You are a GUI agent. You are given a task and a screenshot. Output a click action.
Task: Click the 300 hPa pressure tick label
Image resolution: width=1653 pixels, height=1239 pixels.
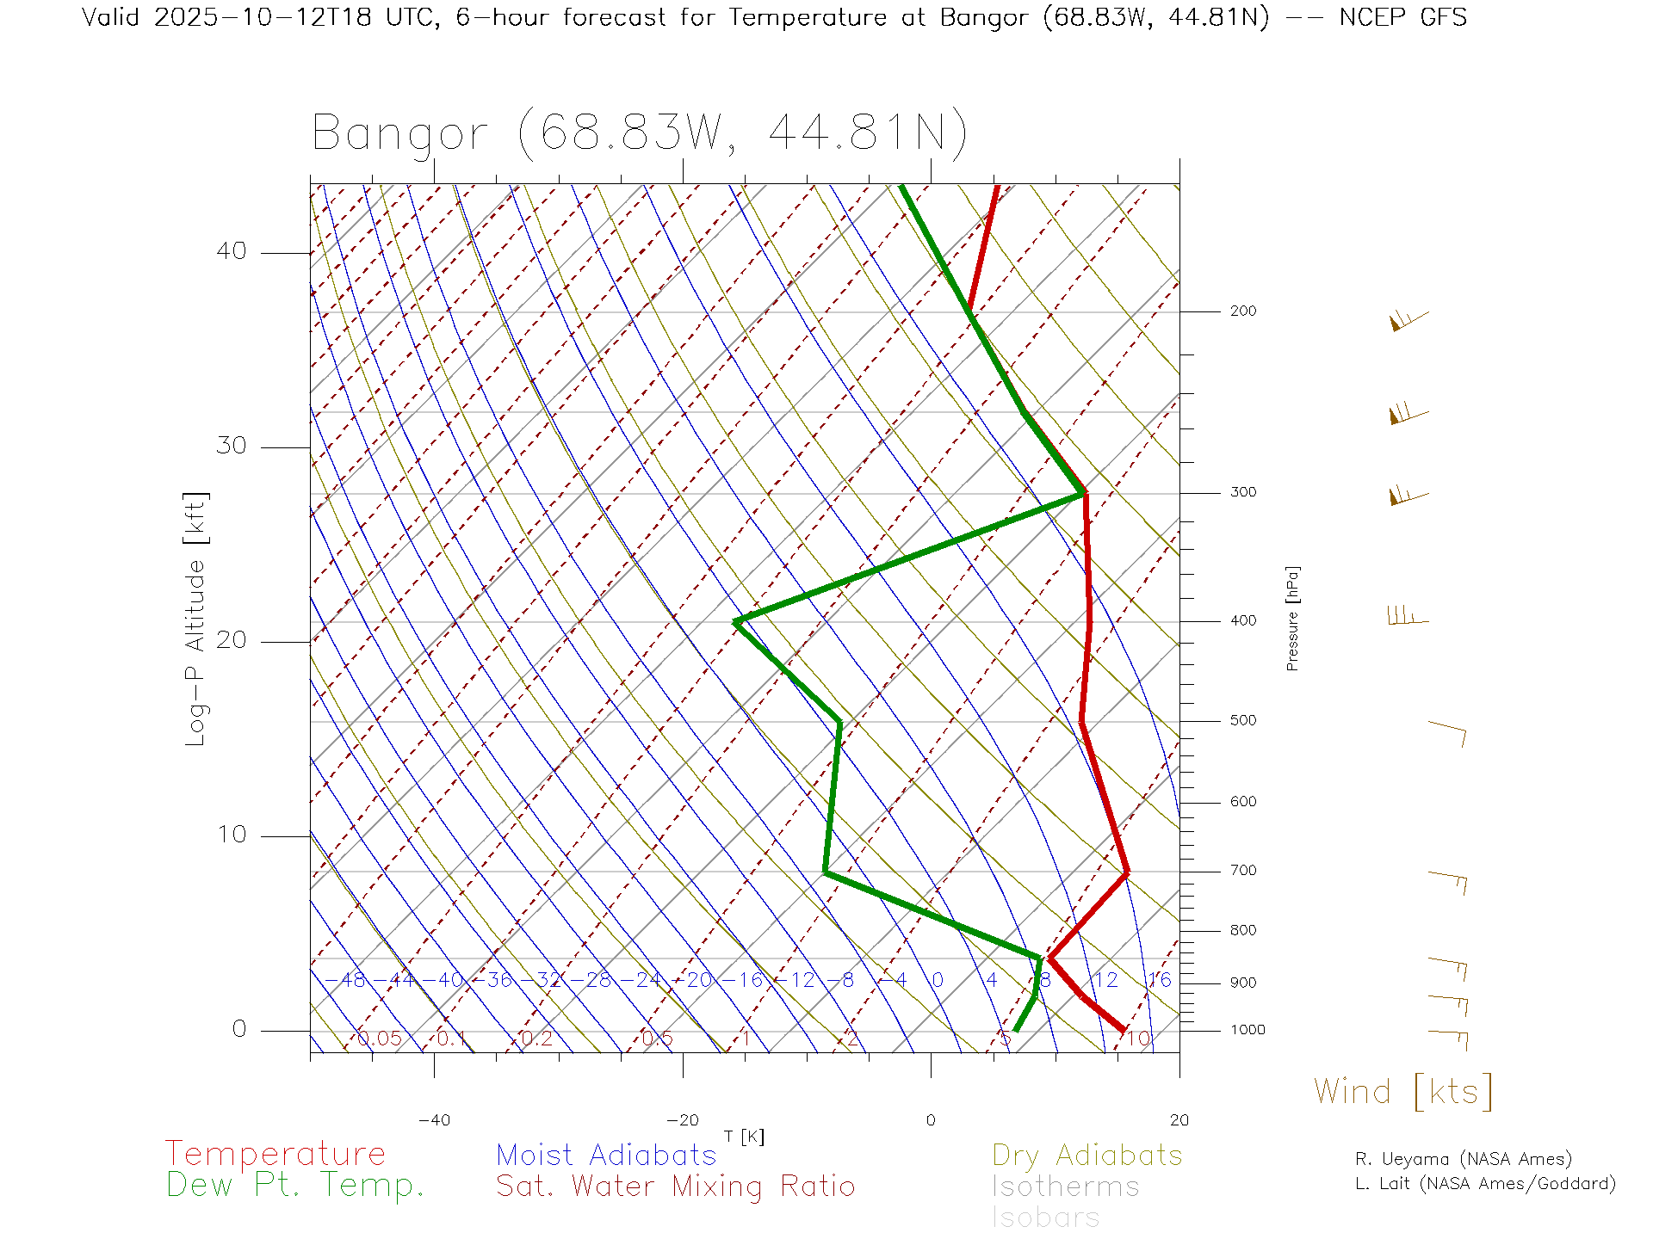coord(1242,492)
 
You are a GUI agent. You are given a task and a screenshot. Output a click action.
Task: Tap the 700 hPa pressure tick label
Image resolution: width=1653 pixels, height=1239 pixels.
coord(1242,871)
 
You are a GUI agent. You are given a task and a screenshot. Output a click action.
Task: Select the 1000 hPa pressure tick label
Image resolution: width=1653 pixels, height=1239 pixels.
coord(1247,1030)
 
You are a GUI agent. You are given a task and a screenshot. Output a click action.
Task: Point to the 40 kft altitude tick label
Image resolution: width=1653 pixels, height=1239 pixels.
coord(231,251)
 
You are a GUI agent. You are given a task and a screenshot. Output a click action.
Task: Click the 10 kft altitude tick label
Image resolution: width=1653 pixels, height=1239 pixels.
coord(231,835)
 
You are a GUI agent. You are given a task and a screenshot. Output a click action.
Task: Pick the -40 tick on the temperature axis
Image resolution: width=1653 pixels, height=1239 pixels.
coord(434,1120)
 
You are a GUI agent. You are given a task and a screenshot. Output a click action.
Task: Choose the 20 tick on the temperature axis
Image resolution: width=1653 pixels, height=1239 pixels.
coord(1179,1120)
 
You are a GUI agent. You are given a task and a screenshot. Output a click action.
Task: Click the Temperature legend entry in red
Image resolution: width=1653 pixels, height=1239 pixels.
coord(275,1154)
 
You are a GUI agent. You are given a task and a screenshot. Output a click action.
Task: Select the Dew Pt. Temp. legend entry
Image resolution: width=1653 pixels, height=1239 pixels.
coord(295,1186)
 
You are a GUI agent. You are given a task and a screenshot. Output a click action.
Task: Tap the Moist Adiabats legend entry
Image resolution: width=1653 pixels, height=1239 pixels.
coord(607,1155)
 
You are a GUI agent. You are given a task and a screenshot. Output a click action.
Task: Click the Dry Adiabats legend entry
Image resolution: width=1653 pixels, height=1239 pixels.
coord(1087,1155)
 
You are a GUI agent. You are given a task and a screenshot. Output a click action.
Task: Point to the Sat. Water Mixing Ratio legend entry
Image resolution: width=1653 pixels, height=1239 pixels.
coord(676,1187)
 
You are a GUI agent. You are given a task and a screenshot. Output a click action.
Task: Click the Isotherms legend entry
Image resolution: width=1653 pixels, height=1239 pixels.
coord(1066,1187)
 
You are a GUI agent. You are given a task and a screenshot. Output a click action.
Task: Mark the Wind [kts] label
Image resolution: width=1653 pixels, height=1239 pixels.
coord(1403,1092)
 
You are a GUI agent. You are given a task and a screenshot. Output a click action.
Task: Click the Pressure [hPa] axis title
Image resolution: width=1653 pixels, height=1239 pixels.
coord(1292,619)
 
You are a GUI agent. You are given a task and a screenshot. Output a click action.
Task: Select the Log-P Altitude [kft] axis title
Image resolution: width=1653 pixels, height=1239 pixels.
coord(196,619)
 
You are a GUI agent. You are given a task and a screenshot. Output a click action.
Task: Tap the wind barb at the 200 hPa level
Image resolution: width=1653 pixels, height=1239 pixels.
coord(1408,320)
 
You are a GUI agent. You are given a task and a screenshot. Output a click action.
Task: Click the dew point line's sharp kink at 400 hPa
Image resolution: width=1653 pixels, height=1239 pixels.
coord(736,621)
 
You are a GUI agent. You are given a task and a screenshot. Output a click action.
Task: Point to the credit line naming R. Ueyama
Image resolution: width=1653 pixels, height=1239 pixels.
coord(1464,1159)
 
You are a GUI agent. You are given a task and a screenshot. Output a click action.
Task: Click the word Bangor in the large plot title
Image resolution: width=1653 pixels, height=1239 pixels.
coord(400,134)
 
